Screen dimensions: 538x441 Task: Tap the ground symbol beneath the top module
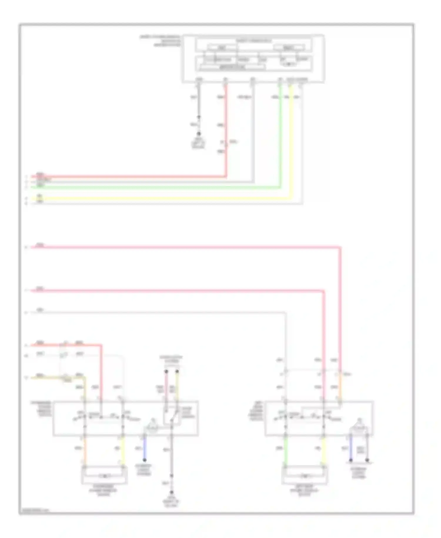pos(198,134)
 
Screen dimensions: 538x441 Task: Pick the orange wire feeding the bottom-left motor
pos(85,450)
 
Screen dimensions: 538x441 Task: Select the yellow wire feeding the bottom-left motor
pos(123,450)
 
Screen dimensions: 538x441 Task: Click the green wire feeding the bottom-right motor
pos(285,450)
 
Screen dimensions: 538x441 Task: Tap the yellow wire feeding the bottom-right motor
pos(324,450)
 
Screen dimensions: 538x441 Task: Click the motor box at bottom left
pos(104,476)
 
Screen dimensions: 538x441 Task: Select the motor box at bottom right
pos(305,476)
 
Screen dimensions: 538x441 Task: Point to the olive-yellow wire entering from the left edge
pos(47,377)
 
